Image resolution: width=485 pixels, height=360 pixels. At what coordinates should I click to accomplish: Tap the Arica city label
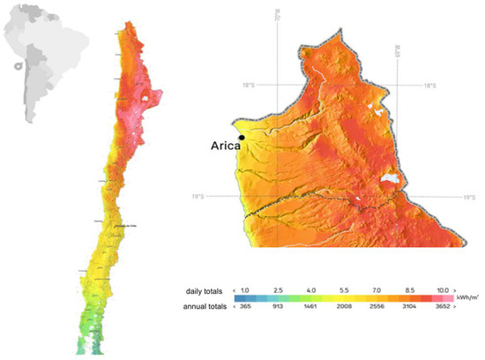[x=224, y=148]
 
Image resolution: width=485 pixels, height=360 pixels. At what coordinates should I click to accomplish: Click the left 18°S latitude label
[x=249, y=86]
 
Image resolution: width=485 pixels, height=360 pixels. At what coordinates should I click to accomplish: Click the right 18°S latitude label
[x=429, y=86]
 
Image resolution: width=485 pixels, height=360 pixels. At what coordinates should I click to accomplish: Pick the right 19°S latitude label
[x=469, y=197]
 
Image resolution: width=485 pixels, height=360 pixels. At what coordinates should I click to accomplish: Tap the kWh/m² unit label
[x=469, y=289]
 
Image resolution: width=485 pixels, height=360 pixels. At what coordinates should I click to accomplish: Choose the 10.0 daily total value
[x=444, y=289]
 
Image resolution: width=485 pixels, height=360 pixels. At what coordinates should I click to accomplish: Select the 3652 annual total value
[x=444, y=304]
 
